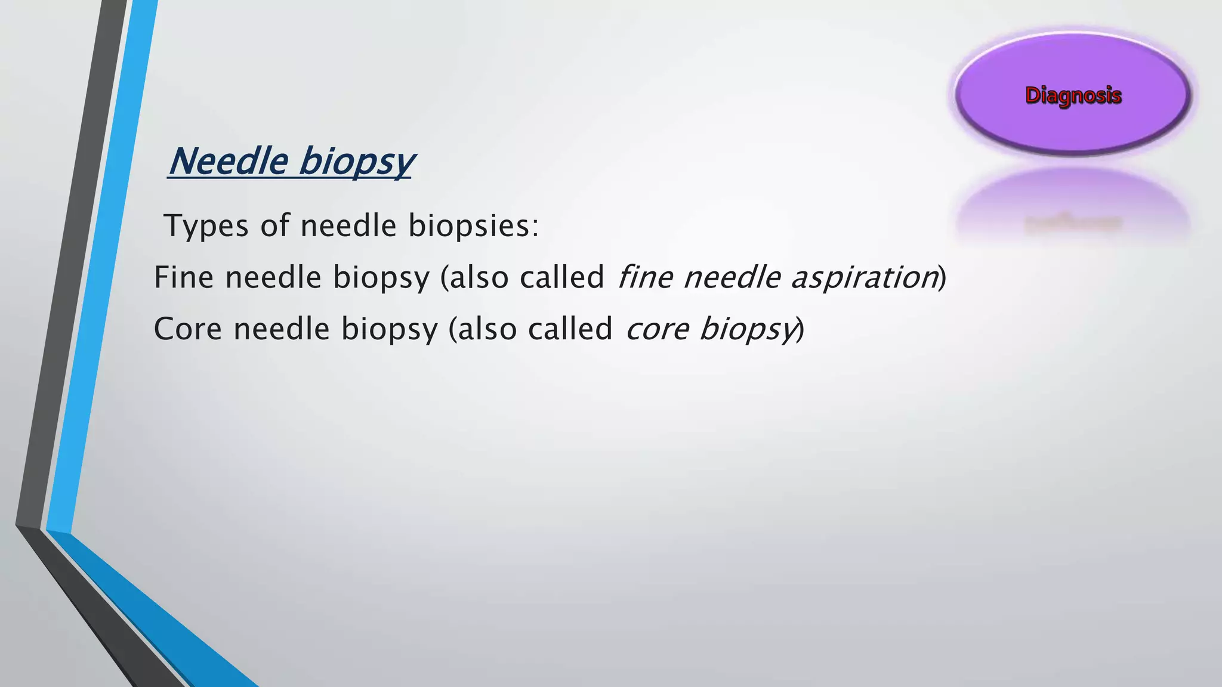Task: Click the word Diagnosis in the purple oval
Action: click(x=1073, y=95)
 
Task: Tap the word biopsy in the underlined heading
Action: click(x=356, y=162)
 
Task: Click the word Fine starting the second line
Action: click(x=183, y=278)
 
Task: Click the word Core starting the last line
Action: click(x=187, y=329)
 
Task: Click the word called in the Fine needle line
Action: click(x=562, y=278)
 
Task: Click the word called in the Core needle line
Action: click(x=570, y=329)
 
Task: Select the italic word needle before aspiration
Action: click(x=732, y=278)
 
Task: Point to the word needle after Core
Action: click(x=281, y=329)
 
